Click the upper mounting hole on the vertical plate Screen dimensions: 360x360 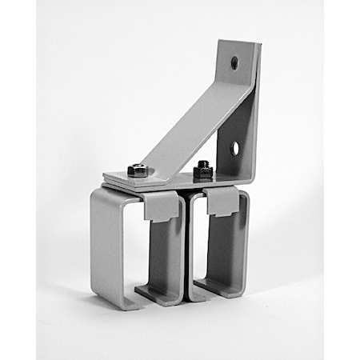point(234,62)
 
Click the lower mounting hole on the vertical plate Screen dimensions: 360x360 point(235,147)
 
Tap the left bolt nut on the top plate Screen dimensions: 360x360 point(138,170)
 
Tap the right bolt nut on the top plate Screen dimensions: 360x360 point(203,170)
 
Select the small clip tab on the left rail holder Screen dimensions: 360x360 point(162,206)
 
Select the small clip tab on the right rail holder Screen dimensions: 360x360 point(222,202)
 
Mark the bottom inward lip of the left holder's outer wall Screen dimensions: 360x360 point(120,302)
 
